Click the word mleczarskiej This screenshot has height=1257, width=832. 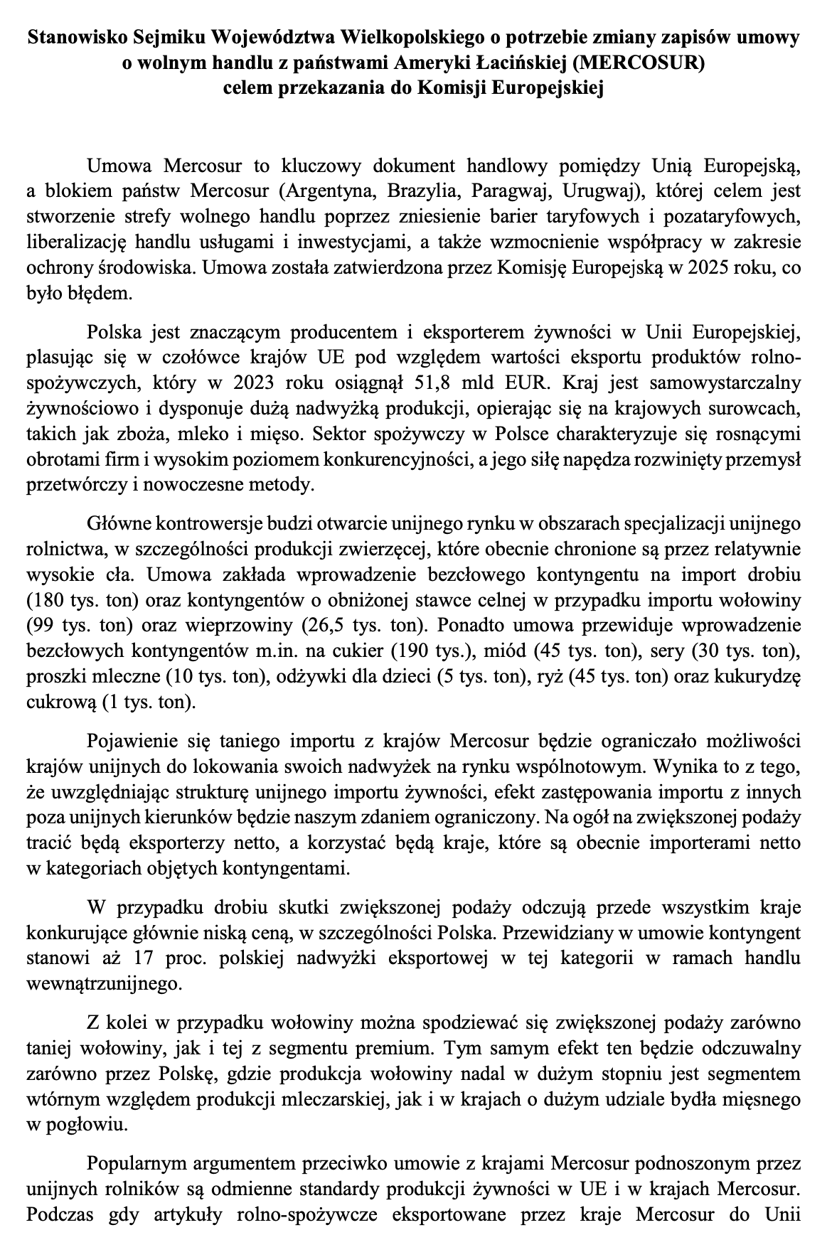click(341, 1098)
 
